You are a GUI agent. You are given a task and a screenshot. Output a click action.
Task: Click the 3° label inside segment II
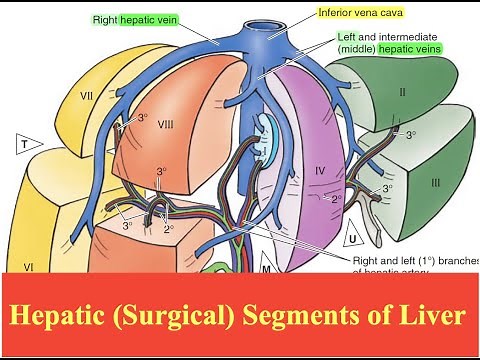point(411,135)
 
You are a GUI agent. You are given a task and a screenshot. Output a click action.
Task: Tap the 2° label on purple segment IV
point(337,199)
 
